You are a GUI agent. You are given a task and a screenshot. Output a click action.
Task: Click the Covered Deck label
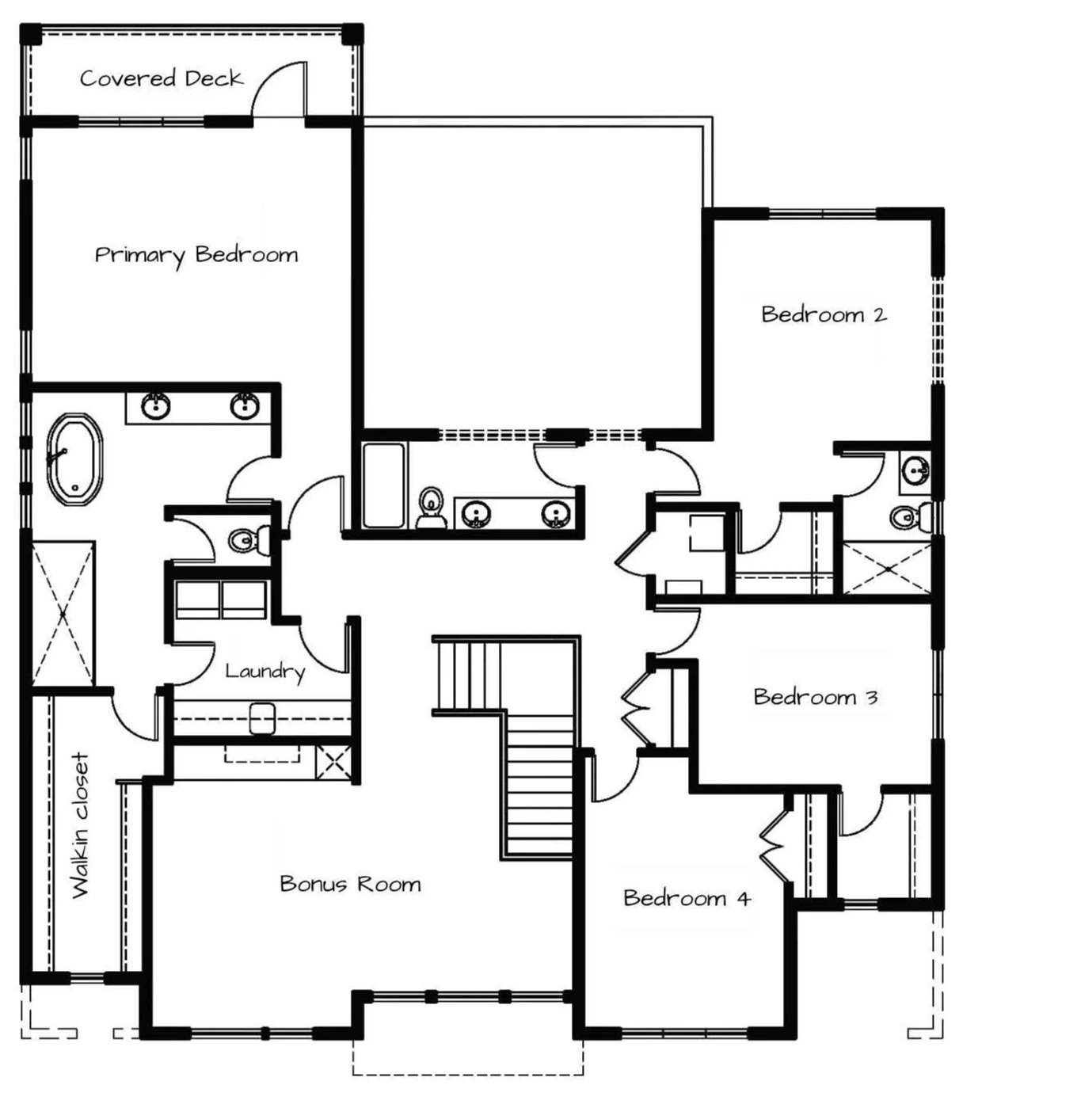(x=162, y=78)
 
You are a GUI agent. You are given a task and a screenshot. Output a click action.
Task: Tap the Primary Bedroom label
(x=196, y=255)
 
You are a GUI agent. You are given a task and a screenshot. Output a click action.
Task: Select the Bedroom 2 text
(x=824, y=314)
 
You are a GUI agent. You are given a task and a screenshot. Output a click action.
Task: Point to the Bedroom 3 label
(x=816, y=697)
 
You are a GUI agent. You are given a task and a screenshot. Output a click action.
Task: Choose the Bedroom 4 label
(x=687, y=898)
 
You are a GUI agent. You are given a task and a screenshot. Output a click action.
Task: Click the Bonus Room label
(x=351, y=885)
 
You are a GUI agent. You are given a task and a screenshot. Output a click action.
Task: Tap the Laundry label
(x=265, y=672)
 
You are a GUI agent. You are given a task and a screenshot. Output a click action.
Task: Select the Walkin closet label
(x=81, y=825)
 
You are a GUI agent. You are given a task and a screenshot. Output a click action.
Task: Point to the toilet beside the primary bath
(x=250, y=539)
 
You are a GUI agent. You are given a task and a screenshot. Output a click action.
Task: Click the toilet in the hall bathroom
(x=431, y=508)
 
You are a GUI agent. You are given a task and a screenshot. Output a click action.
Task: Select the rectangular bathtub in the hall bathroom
(x=384, y=485)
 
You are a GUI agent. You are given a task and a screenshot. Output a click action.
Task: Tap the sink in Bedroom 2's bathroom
(x=915, y=471)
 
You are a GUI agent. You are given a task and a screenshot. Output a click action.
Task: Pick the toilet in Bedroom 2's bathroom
(x=911, y=517)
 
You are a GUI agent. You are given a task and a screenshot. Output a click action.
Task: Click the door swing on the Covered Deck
(x=279, y=89)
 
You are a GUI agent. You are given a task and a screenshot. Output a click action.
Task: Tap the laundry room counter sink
(x=262, y=718)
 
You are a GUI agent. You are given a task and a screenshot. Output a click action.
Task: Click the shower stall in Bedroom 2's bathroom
(x=887, y=568)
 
